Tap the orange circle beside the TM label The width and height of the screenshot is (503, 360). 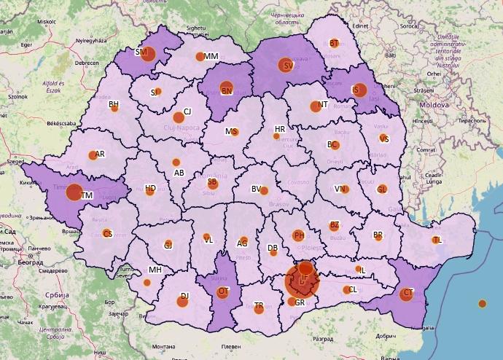pyautogui.click(x=74, y=193)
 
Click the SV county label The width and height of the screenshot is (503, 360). pyautogui.click(x=288, y=66)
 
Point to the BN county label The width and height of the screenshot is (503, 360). pyautogui.click(x=227, y=91)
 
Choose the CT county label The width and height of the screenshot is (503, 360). pyautogui.click(x=408, y=294)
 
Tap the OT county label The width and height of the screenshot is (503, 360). pyautogui.click(x=223, y=291)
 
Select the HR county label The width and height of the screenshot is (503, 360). pyautogui.click(x=280, y=129)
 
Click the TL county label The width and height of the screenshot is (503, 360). pyautogui.click(x=437, y=240)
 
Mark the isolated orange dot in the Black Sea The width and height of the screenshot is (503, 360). pyautogui.click(x=482, y=303)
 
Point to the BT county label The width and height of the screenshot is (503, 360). pyautogui.click(x=334, y=44)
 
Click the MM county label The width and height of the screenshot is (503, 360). pyautogui.click(x=211, y=57)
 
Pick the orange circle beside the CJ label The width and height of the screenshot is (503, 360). pyautogui.click(x=178, y=117)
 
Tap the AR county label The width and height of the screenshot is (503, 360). pyautogui.click(x=100, y=154)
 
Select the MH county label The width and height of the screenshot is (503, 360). pyautogui.click(x=155, y=270)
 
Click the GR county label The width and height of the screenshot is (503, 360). pyautogui.click(x=300, y=302)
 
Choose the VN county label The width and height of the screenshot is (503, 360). pyautogui.click(x=340, y=189)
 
